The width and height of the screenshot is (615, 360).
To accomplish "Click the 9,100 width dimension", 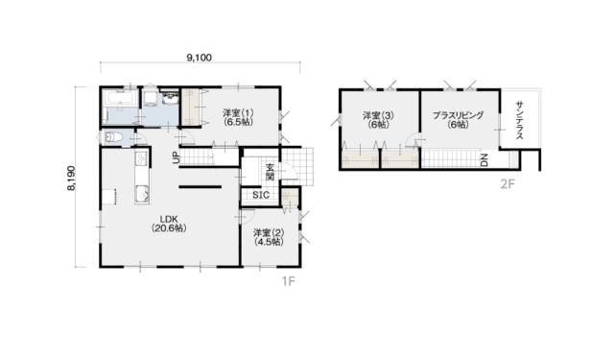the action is coord(200,59).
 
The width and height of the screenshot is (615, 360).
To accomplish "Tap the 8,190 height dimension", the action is coord(71,178).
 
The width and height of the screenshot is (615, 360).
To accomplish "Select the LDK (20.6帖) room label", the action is coord(169,224).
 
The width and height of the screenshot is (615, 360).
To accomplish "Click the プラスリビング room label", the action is coord(458,115).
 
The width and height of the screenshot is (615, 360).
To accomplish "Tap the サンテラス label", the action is coord(520,120).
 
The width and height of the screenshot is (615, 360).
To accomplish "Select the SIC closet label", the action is coord(261,195).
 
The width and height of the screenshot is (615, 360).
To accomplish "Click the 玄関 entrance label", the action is coord(270,172).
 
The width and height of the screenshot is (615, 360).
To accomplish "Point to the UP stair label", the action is coord(177,157).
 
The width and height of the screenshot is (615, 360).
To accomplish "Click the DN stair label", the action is coord(485,159).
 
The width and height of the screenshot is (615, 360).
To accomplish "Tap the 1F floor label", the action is coord(288,281).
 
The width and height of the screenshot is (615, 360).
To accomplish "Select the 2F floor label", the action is coord(508,183).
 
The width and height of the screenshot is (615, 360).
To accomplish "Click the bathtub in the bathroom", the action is coord(119,98).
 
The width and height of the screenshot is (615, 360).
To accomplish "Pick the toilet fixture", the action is coord(113,137).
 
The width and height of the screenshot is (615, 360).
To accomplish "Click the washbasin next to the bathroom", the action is coord(170,97).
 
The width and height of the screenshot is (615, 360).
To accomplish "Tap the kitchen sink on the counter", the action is coord(142,194).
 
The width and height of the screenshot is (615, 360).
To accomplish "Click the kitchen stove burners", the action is coord(141,158).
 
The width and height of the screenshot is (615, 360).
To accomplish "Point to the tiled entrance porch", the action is coord(297,166).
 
